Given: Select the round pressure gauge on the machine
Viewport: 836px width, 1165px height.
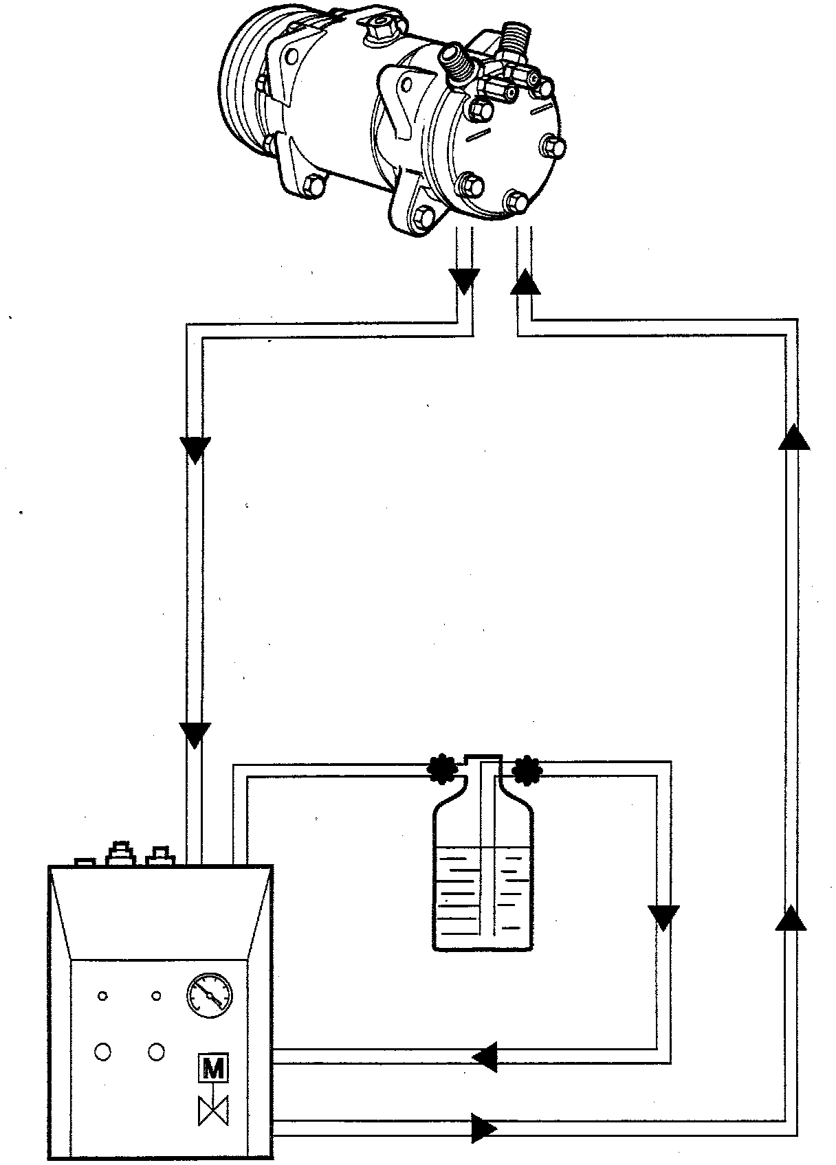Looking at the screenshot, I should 210,994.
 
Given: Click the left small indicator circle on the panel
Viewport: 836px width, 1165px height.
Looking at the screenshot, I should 103,996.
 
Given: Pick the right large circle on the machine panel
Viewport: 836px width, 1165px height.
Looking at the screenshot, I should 157,1052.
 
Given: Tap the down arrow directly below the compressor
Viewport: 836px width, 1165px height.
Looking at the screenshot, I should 464,280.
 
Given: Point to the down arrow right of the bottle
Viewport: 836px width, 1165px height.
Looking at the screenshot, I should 663,917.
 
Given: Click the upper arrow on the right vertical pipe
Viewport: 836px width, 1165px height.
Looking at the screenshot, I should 794,437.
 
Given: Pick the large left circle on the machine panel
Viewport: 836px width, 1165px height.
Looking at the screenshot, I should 103,1052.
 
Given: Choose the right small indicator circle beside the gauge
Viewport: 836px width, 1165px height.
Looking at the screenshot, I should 157,996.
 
